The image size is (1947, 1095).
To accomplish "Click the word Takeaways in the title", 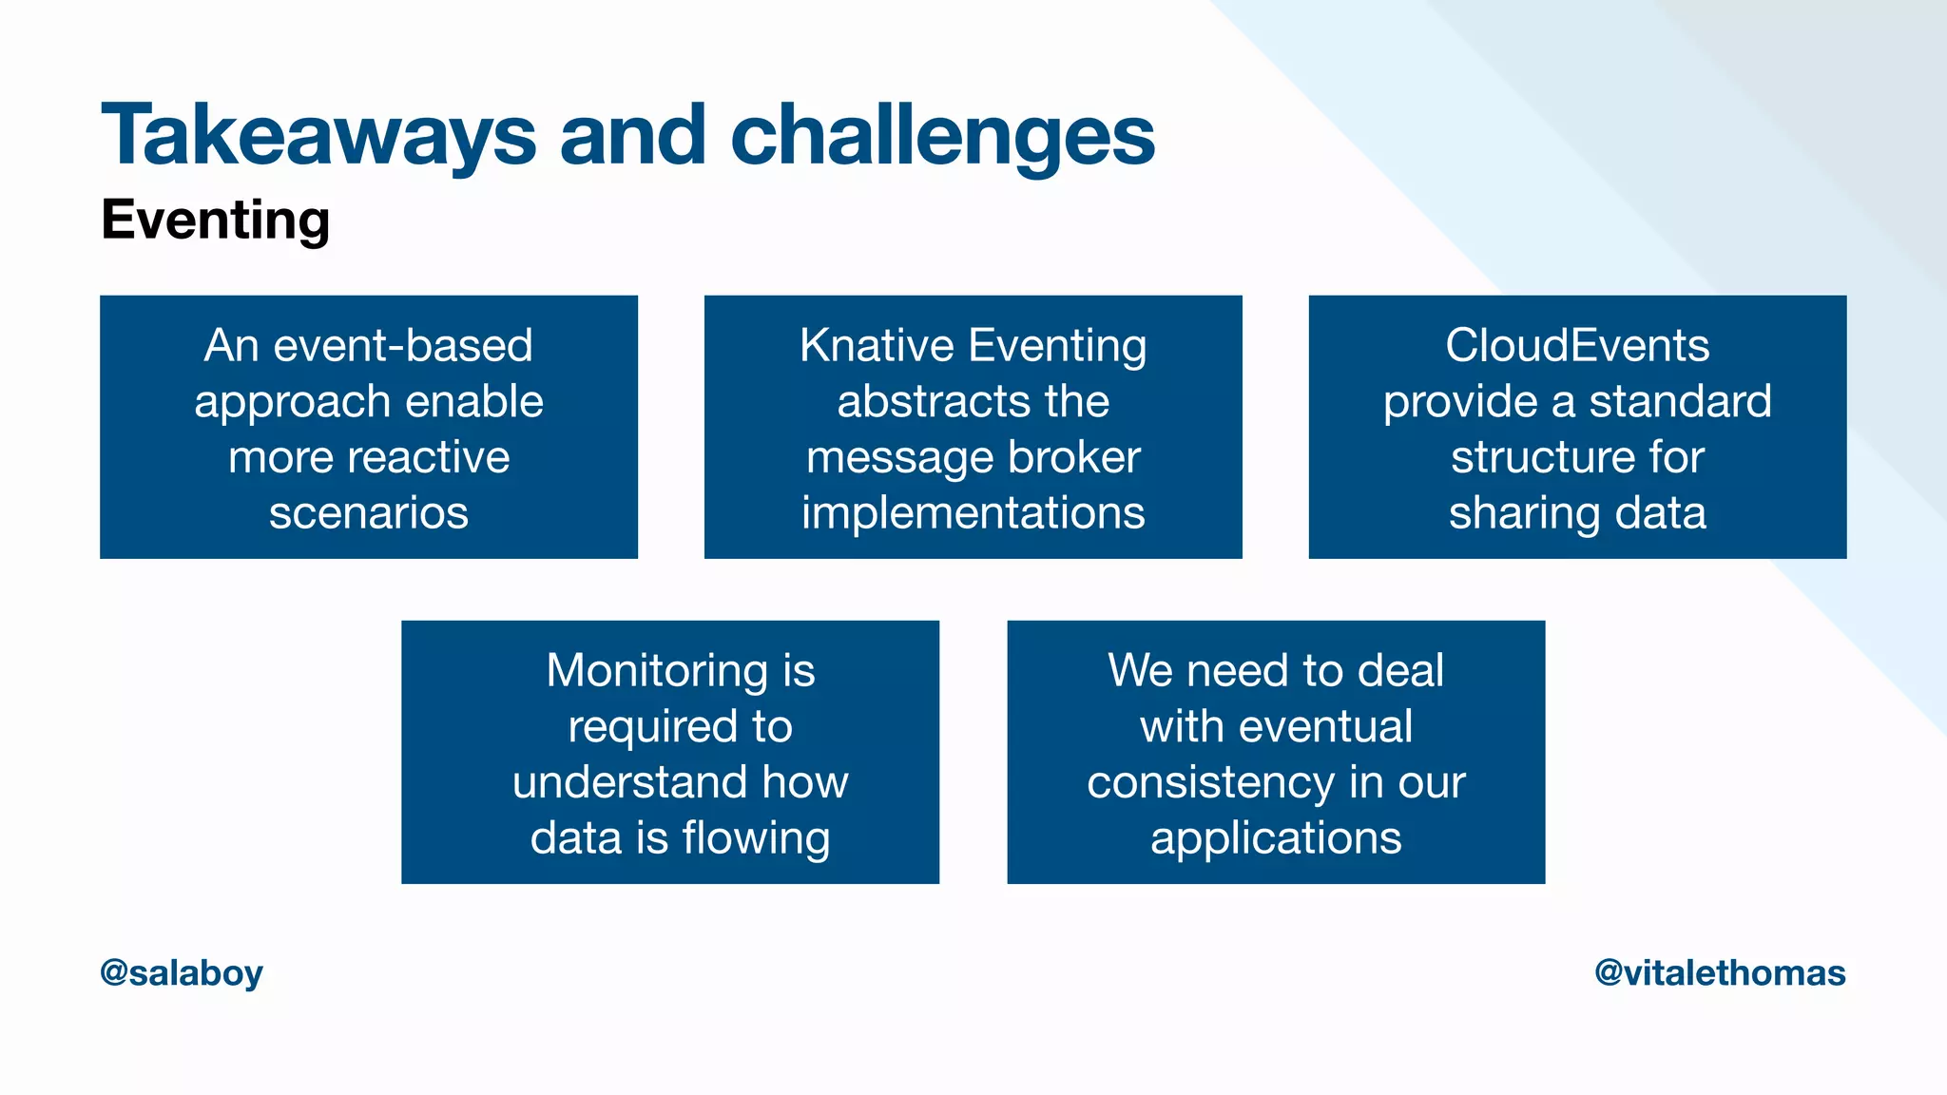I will point(318,136).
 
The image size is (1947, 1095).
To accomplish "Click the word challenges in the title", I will point(942,136).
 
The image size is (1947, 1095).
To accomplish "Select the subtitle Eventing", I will point(216,220).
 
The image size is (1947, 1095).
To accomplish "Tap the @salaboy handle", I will point(182,972).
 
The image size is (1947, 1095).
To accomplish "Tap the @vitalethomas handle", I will point(1720,972).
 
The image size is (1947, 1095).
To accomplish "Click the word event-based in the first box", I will point(403,345).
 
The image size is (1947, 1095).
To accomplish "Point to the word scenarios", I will point(369,513).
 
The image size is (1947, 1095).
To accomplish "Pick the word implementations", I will point(973,513).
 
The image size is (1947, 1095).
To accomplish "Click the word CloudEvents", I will point(1577,345).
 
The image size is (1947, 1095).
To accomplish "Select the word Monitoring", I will point(657,670).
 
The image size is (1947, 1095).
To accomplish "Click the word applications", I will point(1276,838).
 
